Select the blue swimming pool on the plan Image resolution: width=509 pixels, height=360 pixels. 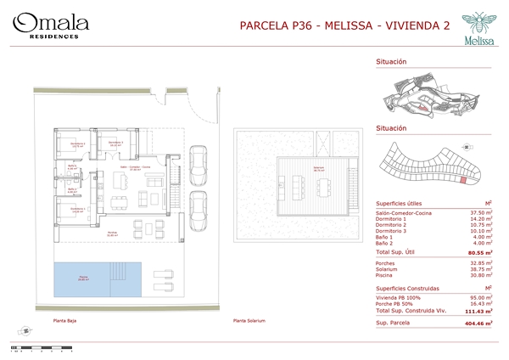pos(83,278)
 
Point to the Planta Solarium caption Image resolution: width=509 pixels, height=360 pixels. pos(250,321)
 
